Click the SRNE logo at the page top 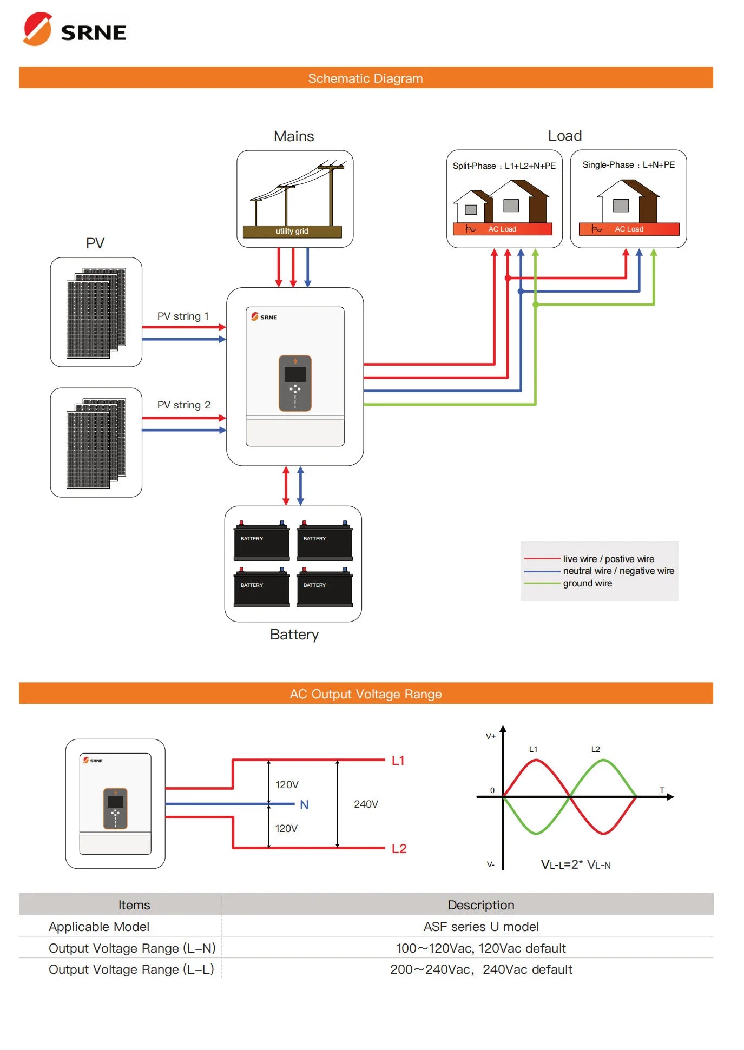75,30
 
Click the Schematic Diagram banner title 365,78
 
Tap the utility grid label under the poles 292,232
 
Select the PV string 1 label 183,316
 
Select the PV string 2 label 183,405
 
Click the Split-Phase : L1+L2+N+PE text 504,166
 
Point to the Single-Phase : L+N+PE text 628,165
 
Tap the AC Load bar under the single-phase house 628,229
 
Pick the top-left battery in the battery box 261,541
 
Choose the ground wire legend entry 587,584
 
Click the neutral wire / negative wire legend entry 618,571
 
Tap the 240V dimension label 366,804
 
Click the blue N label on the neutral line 304,805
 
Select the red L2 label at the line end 399,849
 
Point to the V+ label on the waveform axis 490,736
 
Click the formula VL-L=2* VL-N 575,864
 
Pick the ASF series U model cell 480,927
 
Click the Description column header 480,905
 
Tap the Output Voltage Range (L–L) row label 131,969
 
